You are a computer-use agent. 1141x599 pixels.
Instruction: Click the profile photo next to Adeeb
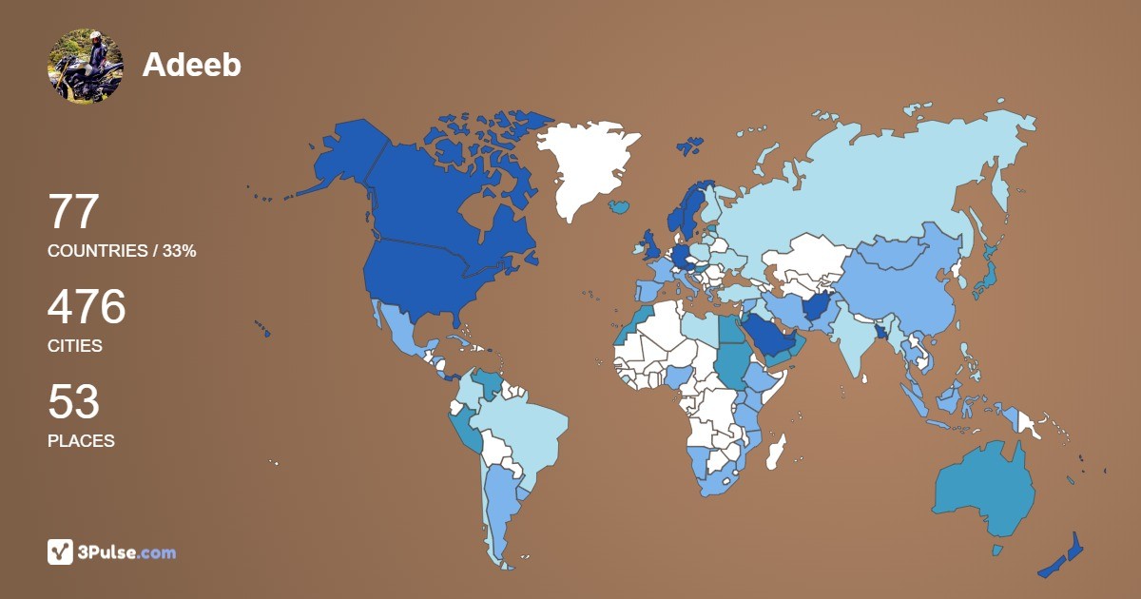click(x=86, y=66)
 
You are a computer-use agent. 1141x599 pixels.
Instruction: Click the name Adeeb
click(x=192, y=65)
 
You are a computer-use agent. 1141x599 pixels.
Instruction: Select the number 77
click(x=73, y=212)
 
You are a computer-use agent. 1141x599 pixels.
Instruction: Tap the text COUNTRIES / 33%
click(x=122, y=251)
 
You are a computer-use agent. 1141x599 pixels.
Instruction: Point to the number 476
click(x=87, y=307)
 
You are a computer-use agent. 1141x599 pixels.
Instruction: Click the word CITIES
click(x=75, y=346)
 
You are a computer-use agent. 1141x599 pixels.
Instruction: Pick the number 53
click(x=73, y=402)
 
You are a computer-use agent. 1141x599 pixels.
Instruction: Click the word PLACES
click(x=81, y=441)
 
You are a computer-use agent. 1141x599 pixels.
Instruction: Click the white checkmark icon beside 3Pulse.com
click(x=60, y=551)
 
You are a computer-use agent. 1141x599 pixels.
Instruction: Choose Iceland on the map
click(x=621, y=205)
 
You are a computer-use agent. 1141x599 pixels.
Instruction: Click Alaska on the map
click(x=338, y=157)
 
